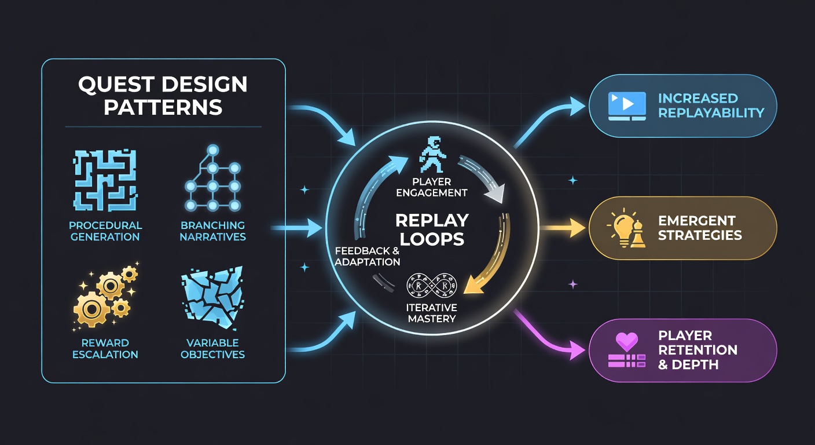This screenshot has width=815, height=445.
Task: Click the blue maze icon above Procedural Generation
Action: click(105, 180)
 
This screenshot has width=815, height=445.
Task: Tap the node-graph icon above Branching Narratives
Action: click(213, 178)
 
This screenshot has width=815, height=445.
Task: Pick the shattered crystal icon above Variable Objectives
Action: click(212, 297)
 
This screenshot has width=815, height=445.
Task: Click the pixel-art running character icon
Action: click(432, 154)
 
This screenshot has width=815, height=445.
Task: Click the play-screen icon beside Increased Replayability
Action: click(627, 106)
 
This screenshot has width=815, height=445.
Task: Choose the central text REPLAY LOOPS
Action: click(432, 230)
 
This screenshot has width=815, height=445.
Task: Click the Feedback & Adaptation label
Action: click(367, 256)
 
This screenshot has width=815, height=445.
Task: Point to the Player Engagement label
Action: click(432, 187)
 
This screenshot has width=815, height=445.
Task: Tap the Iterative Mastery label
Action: click(431, 313)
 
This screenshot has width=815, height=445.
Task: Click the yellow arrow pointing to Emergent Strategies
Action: click(563, 228)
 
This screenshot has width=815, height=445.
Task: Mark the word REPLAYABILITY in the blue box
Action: click(711, 113)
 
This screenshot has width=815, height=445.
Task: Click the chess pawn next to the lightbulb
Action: click(638, 235)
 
